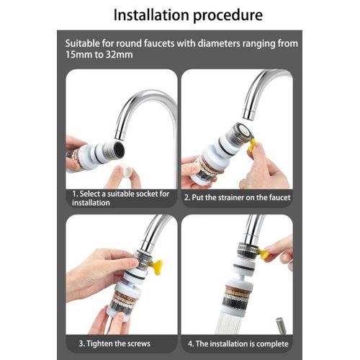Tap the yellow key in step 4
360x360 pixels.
tap(264, 253)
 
